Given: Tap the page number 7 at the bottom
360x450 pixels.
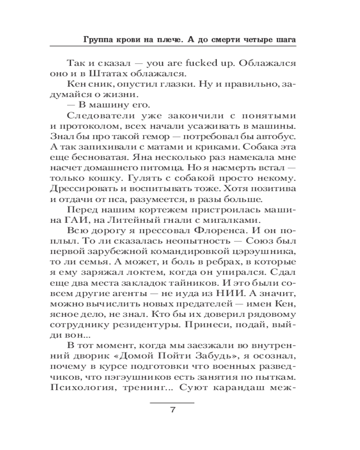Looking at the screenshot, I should coord(172,410).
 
